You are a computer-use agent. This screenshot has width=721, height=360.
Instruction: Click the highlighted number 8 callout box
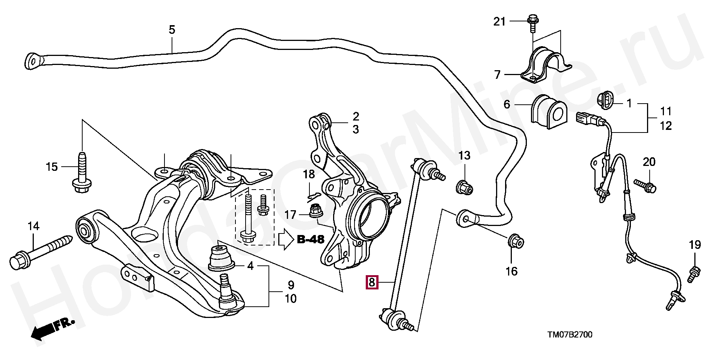pos(371,282)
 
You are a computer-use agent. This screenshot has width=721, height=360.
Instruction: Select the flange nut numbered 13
pos(464,186)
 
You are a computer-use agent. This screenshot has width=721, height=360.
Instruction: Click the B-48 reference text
pos(310,239)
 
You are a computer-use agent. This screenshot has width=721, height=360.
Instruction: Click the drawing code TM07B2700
pos(569,334)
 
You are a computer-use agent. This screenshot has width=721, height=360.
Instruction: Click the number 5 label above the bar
pos(172,30)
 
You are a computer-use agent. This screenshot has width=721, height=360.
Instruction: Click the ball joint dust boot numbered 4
pos(221,257)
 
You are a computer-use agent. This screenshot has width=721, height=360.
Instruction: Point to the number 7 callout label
pos(497,75)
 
